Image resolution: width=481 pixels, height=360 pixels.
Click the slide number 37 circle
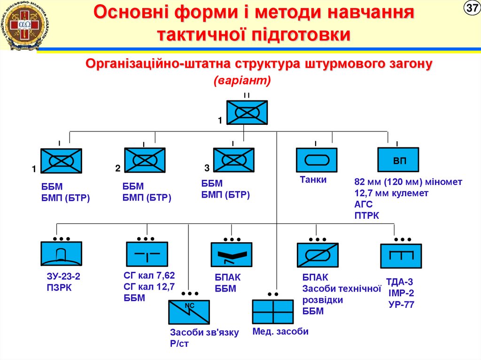click(471, 9)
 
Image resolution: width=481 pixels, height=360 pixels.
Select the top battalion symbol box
click(247, 113)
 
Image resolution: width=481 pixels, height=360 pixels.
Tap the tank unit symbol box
click(316, 160)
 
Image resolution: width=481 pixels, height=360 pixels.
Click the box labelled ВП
click(398, 160)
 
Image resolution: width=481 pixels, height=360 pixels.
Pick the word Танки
click(313, 180)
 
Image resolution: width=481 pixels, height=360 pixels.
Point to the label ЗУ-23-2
click(63, 277)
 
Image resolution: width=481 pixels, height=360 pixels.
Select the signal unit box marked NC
click(189, 312)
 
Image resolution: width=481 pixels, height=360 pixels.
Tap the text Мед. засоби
click(280, 331)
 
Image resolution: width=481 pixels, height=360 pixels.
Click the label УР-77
click(401, 305)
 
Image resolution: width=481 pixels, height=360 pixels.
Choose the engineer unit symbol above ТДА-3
click(400, 256)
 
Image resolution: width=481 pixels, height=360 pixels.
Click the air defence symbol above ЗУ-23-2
click(61, 254)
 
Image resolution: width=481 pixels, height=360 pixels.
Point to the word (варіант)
click(243, 81)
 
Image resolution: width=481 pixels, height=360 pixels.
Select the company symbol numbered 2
click(145, 160)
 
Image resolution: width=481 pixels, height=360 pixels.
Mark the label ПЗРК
click(59, 288)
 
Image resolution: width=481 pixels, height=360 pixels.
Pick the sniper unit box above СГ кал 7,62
click(147, 254)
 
